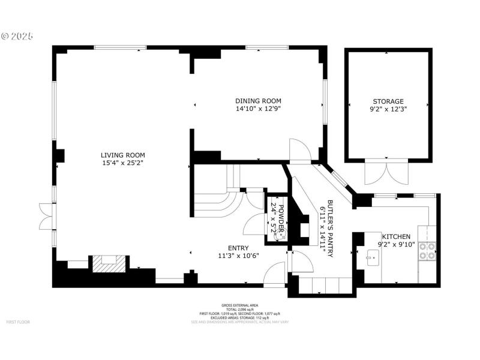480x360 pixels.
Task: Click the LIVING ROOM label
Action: (x=122, y=155)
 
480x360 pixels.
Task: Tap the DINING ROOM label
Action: (x=258, y=101)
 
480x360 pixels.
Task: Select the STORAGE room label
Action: (x=387, y=101)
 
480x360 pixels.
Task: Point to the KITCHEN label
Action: (x=397, y=236)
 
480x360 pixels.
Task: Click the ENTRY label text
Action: (x=238, y=248)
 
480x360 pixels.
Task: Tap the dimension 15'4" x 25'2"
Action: (x=122, y=163)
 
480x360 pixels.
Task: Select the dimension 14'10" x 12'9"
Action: (x=258, y=109)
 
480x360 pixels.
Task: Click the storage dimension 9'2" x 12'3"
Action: (x=387, y=110)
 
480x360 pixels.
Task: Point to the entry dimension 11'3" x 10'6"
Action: (x=238, y=256)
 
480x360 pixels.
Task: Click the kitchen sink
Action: (x=373, y=260)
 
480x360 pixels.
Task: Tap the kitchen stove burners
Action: (x=428, y=251)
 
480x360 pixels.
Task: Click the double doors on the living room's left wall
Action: (x=45, y=217)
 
